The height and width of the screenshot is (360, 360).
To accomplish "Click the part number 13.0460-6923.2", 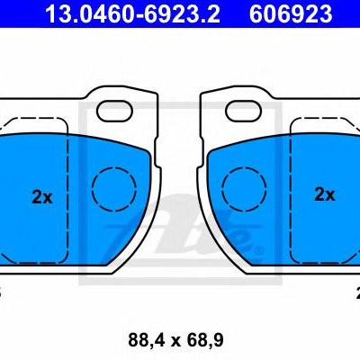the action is coord(132,14).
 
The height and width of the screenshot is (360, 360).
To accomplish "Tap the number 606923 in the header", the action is coord(291,14).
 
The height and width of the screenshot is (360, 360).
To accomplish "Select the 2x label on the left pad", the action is coord(42,197).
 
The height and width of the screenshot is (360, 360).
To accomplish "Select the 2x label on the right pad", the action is coord(325,194).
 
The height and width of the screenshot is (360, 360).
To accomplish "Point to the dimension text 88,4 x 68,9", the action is coord(175,340).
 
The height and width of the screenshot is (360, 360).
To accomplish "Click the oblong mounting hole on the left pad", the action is coord(114,111).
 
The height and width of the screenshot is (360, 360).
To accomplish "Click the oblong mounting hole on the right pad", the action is coord(244,111).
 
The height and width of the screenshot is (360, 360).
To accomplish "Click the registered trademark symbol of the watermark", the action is coord(258,249).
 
